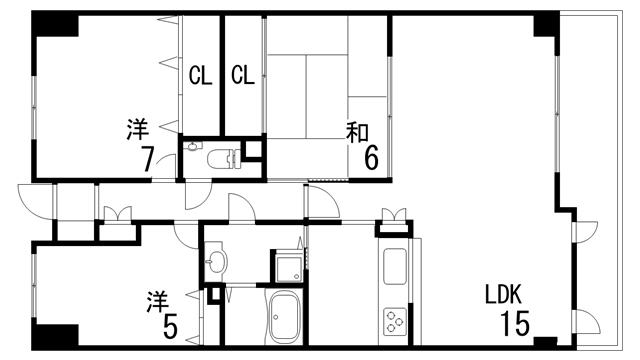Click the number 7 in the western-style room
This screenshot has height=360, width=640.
point(146,159)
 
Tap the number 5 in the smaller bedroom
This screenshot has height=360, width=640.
point(171,327)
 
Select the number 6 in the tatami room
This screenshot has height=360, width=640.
point(371,158)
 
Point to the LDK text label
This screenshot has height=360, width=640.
point(505,296)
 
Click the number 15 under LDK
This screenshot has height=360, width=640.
point(515,325)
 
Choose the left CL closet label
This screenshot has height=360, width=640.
point(200,74)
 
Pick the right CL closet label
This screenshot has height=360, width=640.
point(242,74)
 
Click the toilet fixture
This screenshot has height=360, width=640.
point(219,157)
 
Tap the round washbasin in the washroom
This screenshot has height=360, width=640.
point(217,262)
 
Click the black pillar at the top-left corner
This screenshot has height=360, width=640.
point(51,26)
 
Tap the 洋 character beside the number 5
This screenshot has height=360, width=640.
point(157,300)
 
